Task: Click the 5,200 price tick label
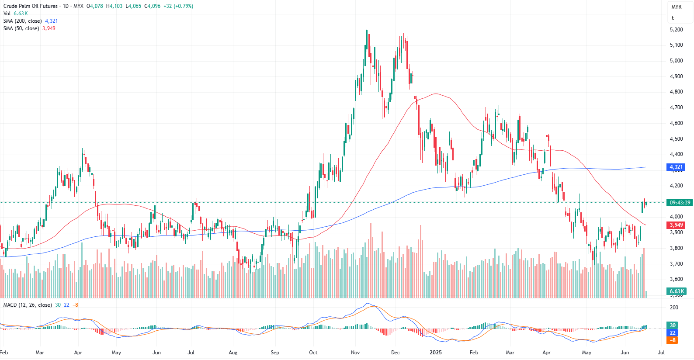point(676,30)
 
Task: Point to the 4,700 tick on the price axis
point(676,107)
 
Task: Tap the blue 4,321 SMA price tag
point(676,167)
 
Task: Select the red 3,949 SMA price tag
point(676,225)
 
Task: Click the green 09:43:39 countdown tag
point(680,203)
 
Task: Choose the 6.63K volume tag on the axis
point(677,291)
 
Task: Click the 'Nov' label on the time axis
point(355,353)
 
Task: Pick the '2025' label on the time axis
point(435,353)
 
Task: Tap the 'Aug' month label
point(233,353)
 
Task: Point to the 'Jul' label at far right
point(661,353)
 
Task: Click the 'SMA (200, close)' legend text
point(23,21)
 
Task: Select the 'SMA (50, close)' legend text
point(21,28)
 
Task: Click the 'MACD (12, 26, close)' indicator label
point(28,305)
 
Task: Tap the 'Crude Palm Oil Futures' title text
point(31,6)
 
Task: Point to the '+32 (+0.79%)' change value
point(178,6)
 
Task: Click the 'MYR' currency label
point(677,7)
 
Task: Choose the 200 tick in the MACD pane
point(674,308)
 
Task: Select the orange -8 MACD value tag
point(673,340)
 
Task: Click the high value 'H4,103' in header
point(114,6)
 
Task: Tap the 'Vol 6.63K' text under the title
point(16,14)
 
